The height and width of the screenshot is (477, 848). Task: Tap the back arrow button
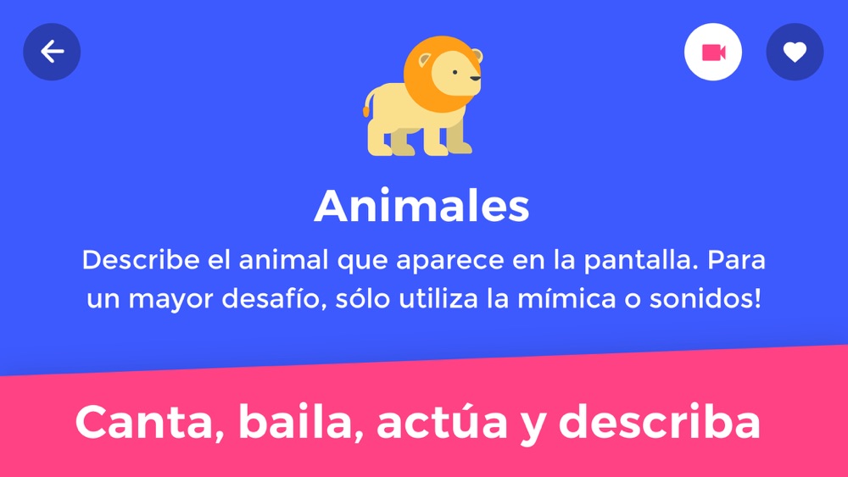pyautogui.click(x=52, y=52)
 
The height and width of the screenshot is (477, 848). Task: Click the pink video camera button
pyautogui.click(x=713, y=52)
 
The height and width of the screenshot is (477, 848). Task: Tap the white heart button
pyautogui.click(x=795, y=52)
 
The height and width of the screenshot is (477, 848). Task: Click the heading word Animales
pyautogui.click(x=421, y=206)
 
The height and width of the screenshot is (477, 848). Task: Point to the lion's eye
pyautogui.click(x=455, y=72)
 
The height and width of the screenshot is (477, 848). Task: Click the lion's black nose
pyautogui.click(x=476, y=79)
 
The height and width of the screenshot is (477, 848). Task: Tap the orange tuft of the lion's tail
pyautogui.click(x=366, y=111)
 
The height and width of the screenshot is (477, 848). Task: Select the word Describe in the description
pyautogui.click(x=141, y=260)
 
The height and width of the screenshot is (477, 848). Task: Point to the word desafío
pyautogui.click(x=274, y=299)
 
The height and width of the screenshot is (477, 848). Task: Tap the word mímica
pyautogui.click(x=566, y=299)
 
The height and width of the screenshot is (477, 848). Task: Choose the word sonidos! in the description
pyautogui.click(x=706, y=299)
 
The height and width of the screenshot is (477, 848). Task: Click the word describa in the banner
pyautogui.click(x=659, y=421)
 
